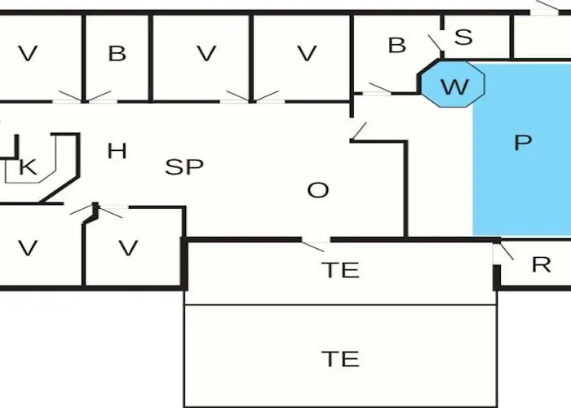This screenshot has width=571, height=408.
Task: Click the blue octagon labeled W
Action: tap(454, 84)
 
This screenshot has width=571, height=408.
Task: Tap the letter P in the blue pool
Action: tap(523, 143)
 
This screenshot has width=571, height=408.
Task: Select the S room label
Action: tap(463, 37)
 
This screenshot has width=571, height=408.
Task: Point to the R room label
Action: tap(541, 264)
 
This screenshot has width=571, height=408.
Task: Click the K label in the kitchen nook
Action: tap(27, 168)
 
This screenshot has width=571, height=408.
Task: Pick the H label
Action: tap(117, 151)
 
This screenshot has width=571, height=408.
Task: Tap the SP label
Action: tap(184, 167)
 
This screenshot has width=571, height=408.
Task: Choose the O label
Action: tap(317, 191)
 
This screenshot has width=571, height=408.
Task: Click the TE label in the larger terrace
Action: tap(341, 359)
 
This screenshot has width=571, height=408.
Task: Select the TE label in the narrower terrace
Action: tap(341, 270)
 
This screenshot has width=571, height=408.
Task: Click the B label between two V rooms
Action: tap(117, 54)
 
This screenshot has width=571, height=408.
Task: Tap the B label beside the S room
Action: tap(396, 46)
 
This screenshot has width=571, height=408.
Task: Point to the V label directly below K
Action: tap(28, 248)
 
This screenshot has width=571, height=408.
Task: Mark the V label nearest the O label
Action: tap(306, 54)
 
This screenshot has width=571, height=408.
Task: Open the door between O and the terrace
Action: tap(315, 242)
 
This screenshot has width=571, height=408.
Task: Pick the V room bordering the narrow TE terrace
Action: tap(128, 248)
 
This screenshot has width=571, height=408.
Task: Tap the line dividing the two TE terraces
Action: tap(341, 305)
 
